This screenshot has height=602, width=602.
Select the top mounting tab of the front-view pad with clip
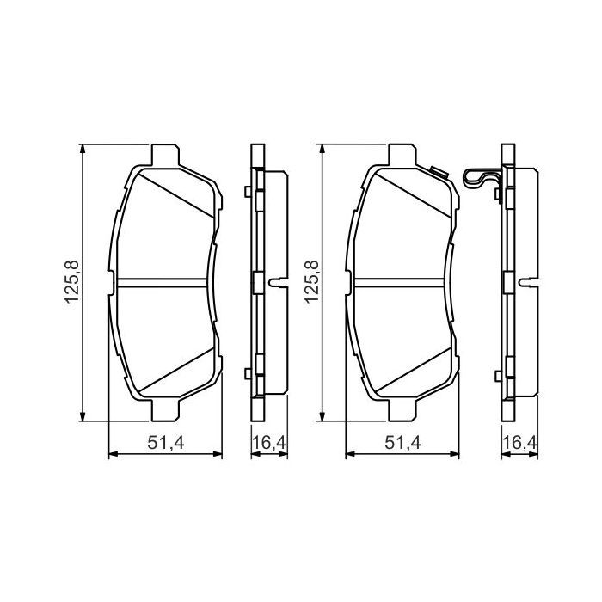[x=401, y=154]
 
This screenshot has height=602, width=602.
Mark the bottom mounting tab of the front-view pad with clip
[x=401, y=412]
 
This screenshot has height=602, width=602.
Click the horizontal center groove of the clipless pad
[x=163, y=282]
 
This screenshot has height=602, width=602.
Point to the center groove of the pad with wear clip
[x=400, y=282]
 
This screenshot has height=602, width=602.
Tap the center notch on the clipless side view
[x=278, y=282]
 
